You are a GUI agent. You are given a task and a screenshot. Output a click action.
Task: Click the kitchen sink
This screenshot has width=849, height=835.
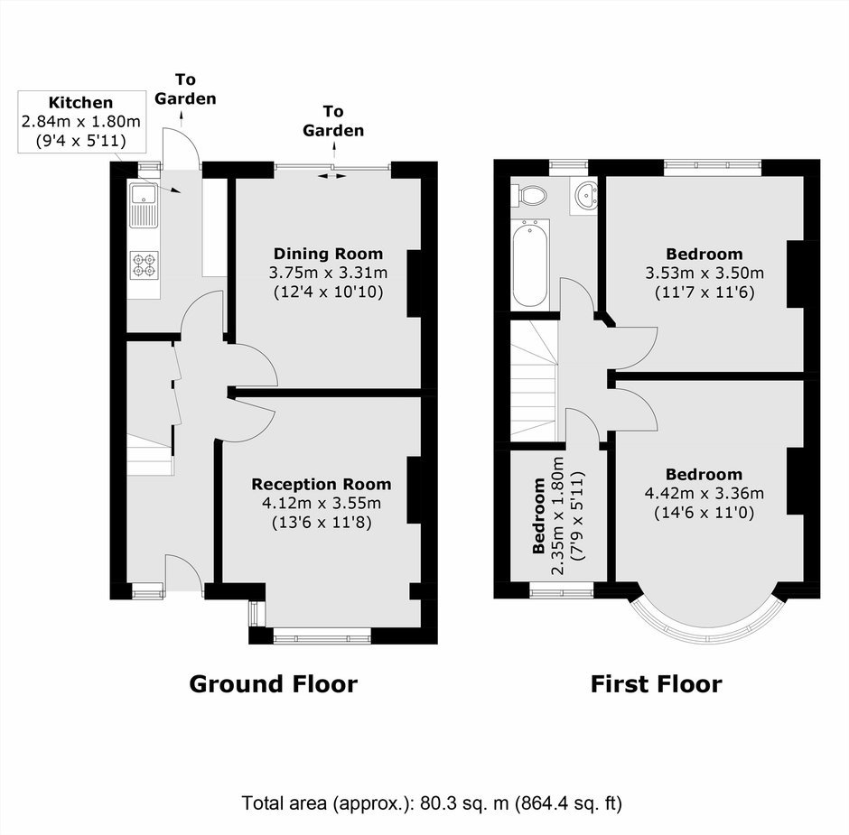tap(144, 205)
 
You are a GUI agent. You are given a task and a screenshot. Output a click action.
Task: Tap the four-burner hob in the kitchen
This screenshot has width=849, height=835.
tap(145, 265)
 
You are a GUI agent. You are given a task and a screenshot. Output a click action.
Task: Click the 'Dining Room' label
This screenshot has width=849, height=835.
tap(328, 254)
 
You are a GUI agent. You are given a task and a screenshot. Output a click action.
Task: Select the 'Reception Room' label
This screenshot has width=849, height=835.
tap(321, 484)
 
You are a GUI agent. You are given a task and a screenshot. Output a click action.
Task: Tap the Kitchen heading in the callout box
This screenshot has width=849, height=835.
tap(80, 102)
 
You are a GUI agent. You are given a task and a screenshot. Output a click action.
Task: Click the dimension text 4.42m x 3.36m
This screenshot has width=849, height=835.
tap(704, 493)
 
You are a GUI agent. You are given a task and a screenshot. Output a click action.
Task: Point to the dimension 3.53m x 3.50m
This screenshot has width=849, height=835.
tap(704, 273)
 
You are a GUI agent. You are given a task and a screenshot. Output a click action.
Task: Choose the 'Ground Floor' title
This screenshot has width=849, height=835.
tap(273, 684)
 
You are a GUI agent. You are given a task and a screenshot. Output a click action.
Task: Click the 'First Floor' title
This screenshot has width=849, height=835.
tap(656, 684)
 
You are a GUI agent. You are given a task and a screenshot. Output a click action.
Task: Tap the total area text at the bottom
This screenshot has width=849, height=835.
tap(432, 803)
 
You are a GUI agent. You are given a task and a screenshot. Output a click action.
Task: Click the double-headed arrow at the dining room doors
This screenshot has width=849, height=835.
tap(331, 176)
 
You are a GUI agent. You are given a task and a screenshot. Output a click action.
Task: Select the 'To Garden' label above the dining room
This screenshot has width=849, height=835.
tap(333, 121)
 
